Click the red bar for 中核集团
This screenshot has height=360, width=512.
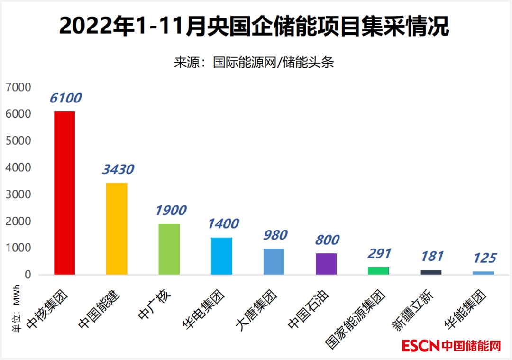[x=64, y=193]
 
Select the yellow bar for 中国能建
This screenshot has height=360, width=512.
[x=117, y=229]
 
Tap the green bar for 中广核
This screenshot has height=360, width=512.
[x=169, y=249]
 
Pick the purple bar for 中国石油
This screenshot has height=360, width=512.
[x=326, y=264]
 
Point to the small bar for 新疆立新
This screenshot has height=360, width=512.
[x=431, y=272]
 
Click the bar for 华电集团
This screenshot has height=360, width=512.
[x=221, y=256]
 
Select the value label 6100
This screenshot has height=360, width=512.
[x=65, y=98]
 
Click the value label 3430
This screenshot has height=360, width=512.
[x=118, y=169]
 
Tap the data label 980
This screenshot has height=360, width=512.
[x=274, y=235]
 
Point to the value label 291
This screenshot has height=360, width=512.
[x=379, y=253]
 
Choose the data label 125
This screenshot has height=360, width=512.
[x=484, y=258]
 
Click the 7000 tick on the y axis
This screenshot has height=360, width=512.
[x=18, y=87]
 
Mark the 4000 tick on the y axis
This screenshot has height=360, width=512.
[x=18, y=168]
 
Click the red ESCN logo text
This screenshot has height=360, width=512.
[x=421, y=346]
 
